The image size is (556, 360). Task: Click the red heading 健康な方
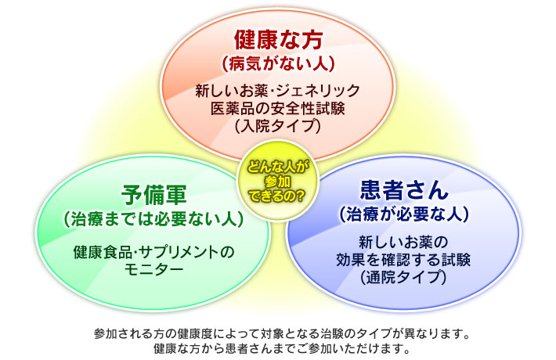(278, 40)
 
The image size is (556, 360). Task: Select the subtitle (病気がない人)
(278, 64)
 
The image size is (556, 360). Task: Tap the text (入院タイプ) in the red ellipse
(278, 126)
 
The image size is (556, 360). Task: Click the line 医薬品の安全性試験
(278, 109)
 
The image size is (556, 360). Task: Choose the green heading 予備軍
(153, 195)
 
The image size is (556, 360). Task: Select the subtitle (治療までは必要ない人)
(153, 219)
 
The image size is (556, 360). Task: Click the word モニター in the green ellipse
(153, 269)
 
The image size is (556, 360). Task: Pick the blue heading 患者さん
(404, 190)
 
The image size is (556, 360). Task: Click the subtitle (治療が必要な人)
(404, 214)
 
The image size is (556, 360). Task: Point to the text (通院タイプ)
(403, 277)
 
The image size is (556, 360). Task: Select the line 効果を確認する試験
(403, 260)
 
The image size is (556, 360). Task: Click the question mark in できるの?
(300, 195)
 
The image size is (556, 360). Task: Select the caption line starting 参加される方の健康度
(282, 333)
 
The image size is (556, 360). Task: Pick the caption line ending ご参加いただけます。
(282, 349)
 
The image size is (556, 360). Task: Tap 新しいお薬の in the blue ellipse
(403, 243)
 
